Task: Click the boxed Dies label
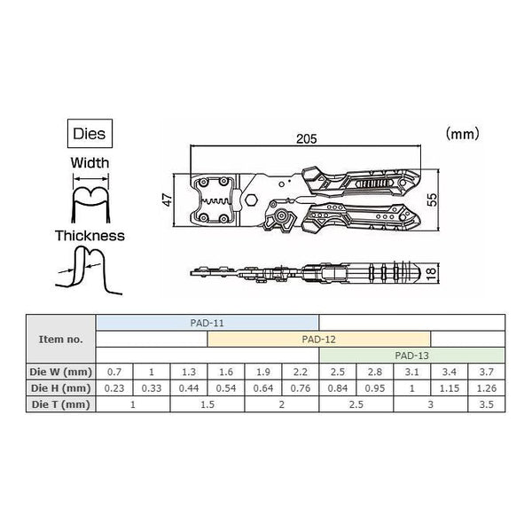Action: pyautogui.click(x=90, y=133)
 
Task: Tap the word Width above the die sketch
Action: pyautogui.click(x=90, y=163)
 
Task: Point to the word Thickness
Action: pyautogui.click(x=90, y=236)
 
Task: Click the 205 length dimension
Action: pyautogui.click(x=307, y=138)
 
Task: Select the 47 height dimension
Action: pyautogui.click(x=168, y=199)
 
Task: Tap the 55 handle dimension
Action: pyautogui.click(x=432, y=199)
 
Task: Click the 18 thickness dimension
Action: pyautogui.click(x=431, y=273)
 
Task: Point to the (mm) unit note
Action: pyautogui.click(x=463, y=134)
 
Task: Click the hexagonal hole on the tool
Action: pyautogui.click(x=251, y=199)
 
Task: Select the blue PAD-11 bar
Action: pyautogui.click(x=207, y=323)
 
